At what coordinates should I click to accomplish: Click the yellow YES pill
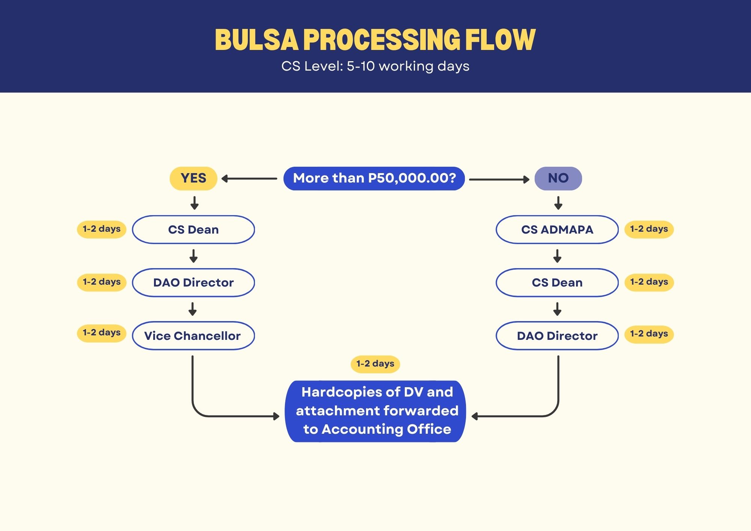pos(193,178)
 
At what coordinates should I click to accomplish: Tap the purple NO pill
pos(558,178)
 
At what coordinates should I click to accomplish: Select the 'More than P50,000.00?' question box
pos(374,178)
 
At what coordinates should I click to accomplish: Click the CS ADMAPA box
pos(557,229)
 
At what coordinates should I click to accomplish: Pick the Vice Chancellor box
pos(193,336)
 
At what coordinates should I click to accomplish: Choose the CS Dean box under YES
pos(193,229)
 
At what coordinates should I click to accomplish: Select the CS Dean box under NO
pos(557,282)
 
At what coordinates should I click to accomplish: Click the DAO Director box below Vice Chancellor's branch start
pos(193,282)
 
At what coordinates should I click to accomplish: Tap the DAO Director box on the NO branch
pos(557,336)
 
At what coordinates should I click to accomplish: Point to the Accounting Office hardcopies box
pos(375,411)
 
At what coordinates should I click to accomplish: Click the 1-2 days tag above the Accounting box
pos(375,364)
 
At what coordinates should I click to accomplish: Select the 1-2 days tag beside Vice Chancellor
pos(101,333)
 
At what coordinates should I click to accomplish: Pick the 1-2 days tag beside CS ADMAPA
pos(649,229)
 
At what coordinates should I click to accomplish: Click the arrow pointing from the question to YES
pos(249,179)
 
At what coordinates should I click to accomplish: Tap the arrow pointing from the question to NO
pos(499,180)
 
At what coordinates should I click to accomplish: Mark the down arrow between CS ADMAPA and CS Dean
pos(557,256)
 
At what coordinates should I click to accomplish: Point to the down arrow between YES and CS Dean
pos(195,203)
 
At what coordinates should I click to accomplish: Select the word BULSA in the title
pos(256,39)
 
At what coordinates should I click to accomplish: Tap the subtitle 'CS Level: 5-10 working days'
pos(375,66)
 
